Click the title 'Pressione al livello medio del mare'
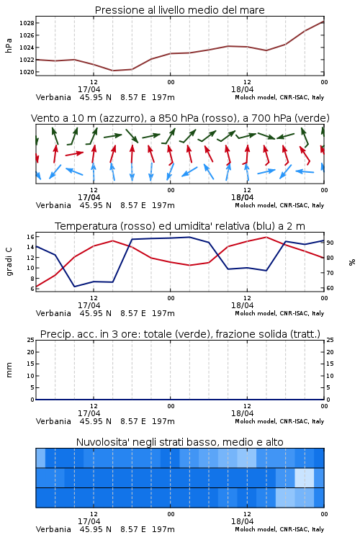click(179, 10)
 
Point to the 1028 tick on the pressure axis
click(27, 23)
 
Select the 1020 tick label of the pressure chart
click(27, 72)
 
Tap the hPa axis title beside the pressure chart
click(9, 45)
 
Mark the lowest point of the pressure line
click(113, 71)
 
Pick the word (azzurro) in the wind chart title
click(120, 118)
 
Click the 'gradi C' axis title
click(9, 262)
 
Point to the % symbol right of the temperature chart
click(352, 262)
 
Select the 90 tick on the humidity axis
click(330, 243)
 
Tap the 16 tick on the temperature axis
click(30, 237)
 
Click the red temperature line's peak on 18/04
click(266, 237)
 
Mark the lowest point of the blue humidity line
click(74, 287)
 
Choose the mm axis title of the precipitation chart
click(9, 370)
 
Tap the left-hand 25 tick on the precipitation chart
click(31, 340)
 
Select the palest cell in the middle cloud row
click(305, 477)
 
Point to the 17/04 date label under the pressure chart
click(89, 89)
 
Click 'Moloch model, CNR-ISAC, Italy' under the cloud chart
click(279, 529)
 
